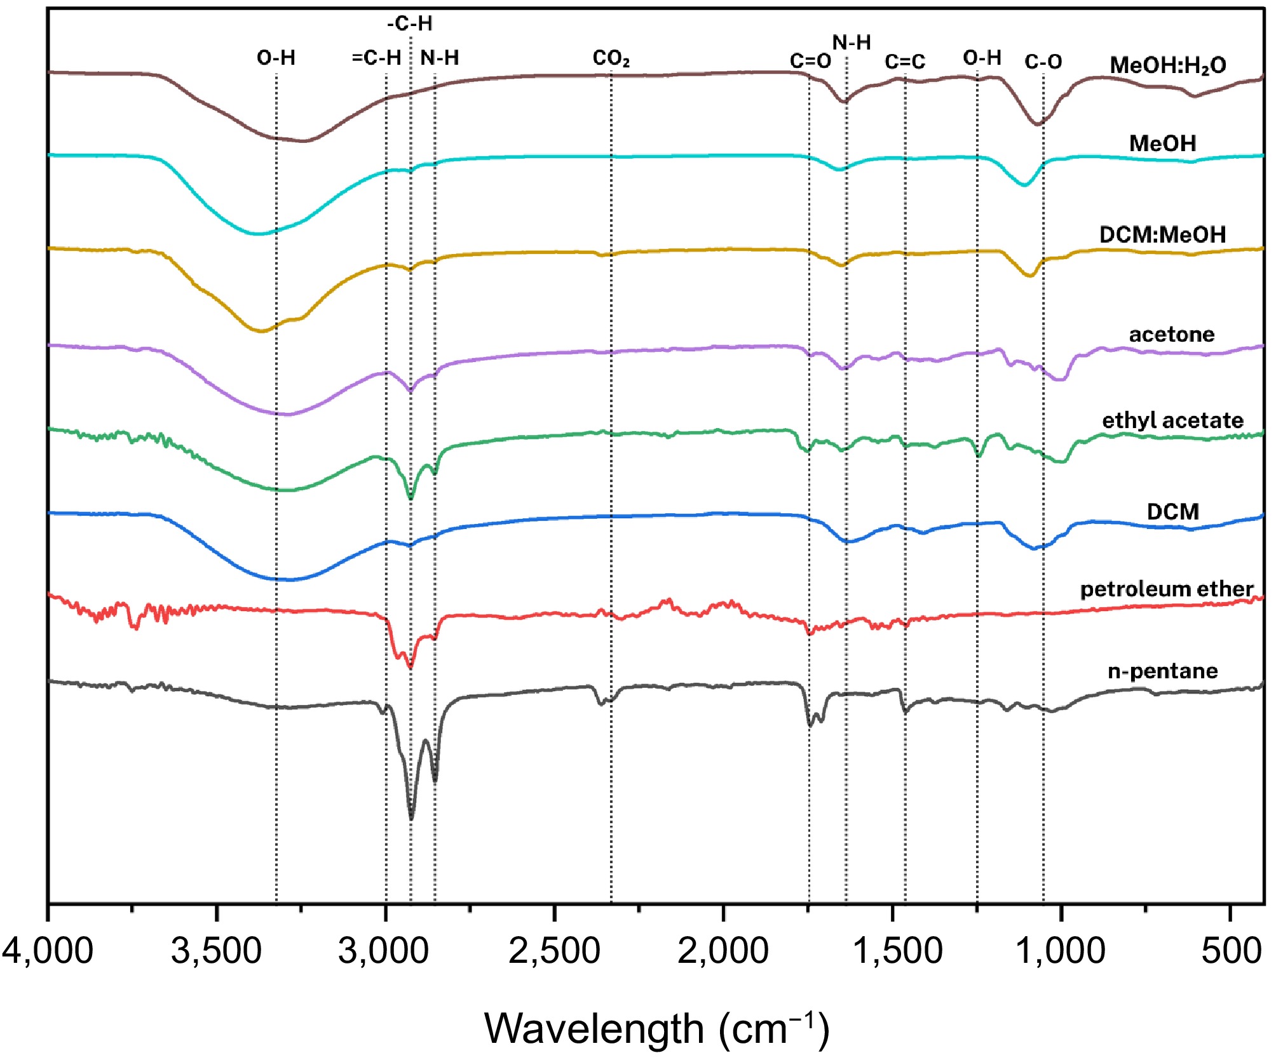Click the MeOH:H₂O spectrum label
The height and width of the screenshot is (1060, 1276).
pos(1167,65)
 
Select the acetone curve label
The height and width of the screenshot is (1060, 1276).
pos(1171,334)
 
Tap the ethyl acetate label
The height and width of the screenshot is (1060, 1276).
pos(1172,420)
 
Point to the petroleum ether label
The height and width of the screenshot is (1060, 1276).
pos(1167,589)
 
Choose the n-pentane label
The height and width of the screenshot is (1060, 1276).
pos(1162,671)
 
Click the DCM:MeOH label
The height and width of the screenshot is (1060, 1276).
pos(1162,235)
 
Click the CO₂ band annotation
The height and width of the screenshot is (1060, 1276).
pos(611,58)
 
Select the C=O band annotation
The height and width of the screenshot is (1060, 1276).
pos(810,61)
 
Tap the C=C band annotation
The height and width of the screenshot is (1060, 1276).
pos(905,62)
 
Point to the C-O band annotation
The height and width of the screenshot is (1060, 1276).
pos(1043,62)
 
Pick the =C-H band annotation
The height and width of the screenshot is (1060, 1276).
pos(376,58)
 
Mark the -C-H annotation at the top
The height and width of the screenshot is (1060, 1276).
pos(410,24)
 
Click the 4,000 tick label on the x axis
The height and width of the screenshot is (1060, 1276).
pos(48,951)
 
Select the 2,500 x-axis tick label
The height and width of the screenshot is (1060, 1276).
pos(554,951)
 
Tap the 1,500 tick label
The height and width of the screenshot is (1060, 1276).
pos(897,951)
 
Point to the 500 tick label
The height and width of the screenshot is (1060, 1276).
pos(1231,951)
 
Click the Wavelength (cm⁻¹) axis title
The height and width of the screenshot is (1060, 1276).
pos(656,1028)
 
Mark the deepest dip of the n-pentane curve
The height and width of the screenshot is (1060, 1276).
pos(411,818)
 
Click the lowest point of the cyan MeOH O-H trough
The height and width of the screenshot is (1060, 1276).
pos(257,234)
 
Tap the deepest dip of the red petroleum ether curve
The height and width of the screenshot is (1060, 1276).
pos(411,667)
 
